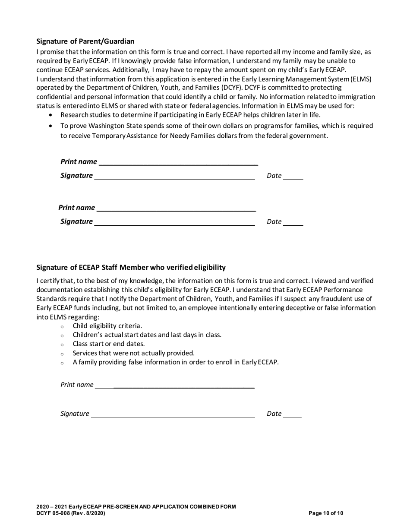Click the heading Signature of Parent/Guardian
click(x=85, y=41)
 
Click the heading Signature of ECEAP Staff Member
click(x=131, y=268)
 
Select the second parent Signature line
click(x=174, y=222)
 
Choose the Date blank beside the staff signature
click(x=292, y=414)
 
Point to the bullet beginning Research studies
click(x=190, y=115)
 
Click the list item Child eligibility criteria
click(x=107, y=326)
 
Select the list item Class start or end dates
click(x=109, y=344)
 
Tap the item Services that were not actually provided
click(x=133, y=353)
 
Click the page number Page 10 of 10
click(x=326, y=513)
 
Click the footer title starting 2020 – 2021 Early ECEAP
click(x=136, y=507)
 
